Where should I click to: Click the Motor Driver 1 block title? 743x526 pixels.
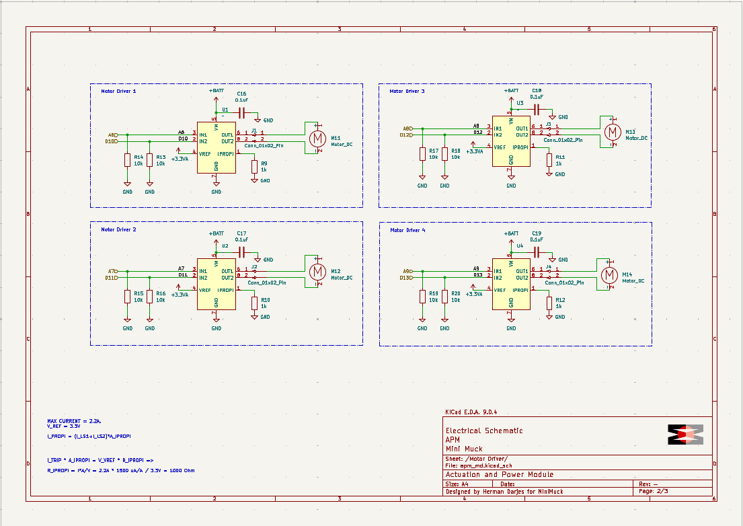(118, 91)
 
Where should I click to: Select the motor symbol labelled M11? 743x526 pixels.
(315, 138)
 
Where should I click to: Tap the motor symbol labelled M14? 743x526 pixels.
(609, 274)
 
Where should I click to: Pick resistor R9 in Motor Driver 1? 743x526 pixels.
(254, 166)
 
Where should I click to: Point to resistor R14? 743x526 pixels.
(127, 160)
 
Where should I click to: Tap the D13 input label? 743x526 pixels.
(405, 278)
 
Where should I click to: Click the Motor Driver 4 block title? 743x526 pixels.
(407, 230)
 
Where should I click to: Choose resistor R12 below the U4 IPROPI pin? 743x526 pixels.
(549, 303)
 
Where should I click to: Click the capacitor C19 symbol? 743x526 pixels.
(537, 251)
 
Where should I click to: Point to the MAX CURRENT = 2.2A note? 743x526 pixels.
(74, 421)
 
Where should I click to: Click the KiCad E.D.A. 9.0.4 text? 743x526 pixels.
(471, 412)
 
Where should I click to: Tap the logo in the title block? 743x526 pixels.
(685, 434)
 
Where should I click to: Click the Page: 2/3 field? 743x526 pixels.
(652, 492)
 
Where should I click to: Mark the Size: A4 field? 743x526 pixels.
(457, 484)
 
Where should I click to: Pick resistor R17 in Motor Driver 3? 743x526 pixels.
(422, 153)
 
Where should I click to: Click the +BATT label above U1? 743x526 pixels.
(216, 90)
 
